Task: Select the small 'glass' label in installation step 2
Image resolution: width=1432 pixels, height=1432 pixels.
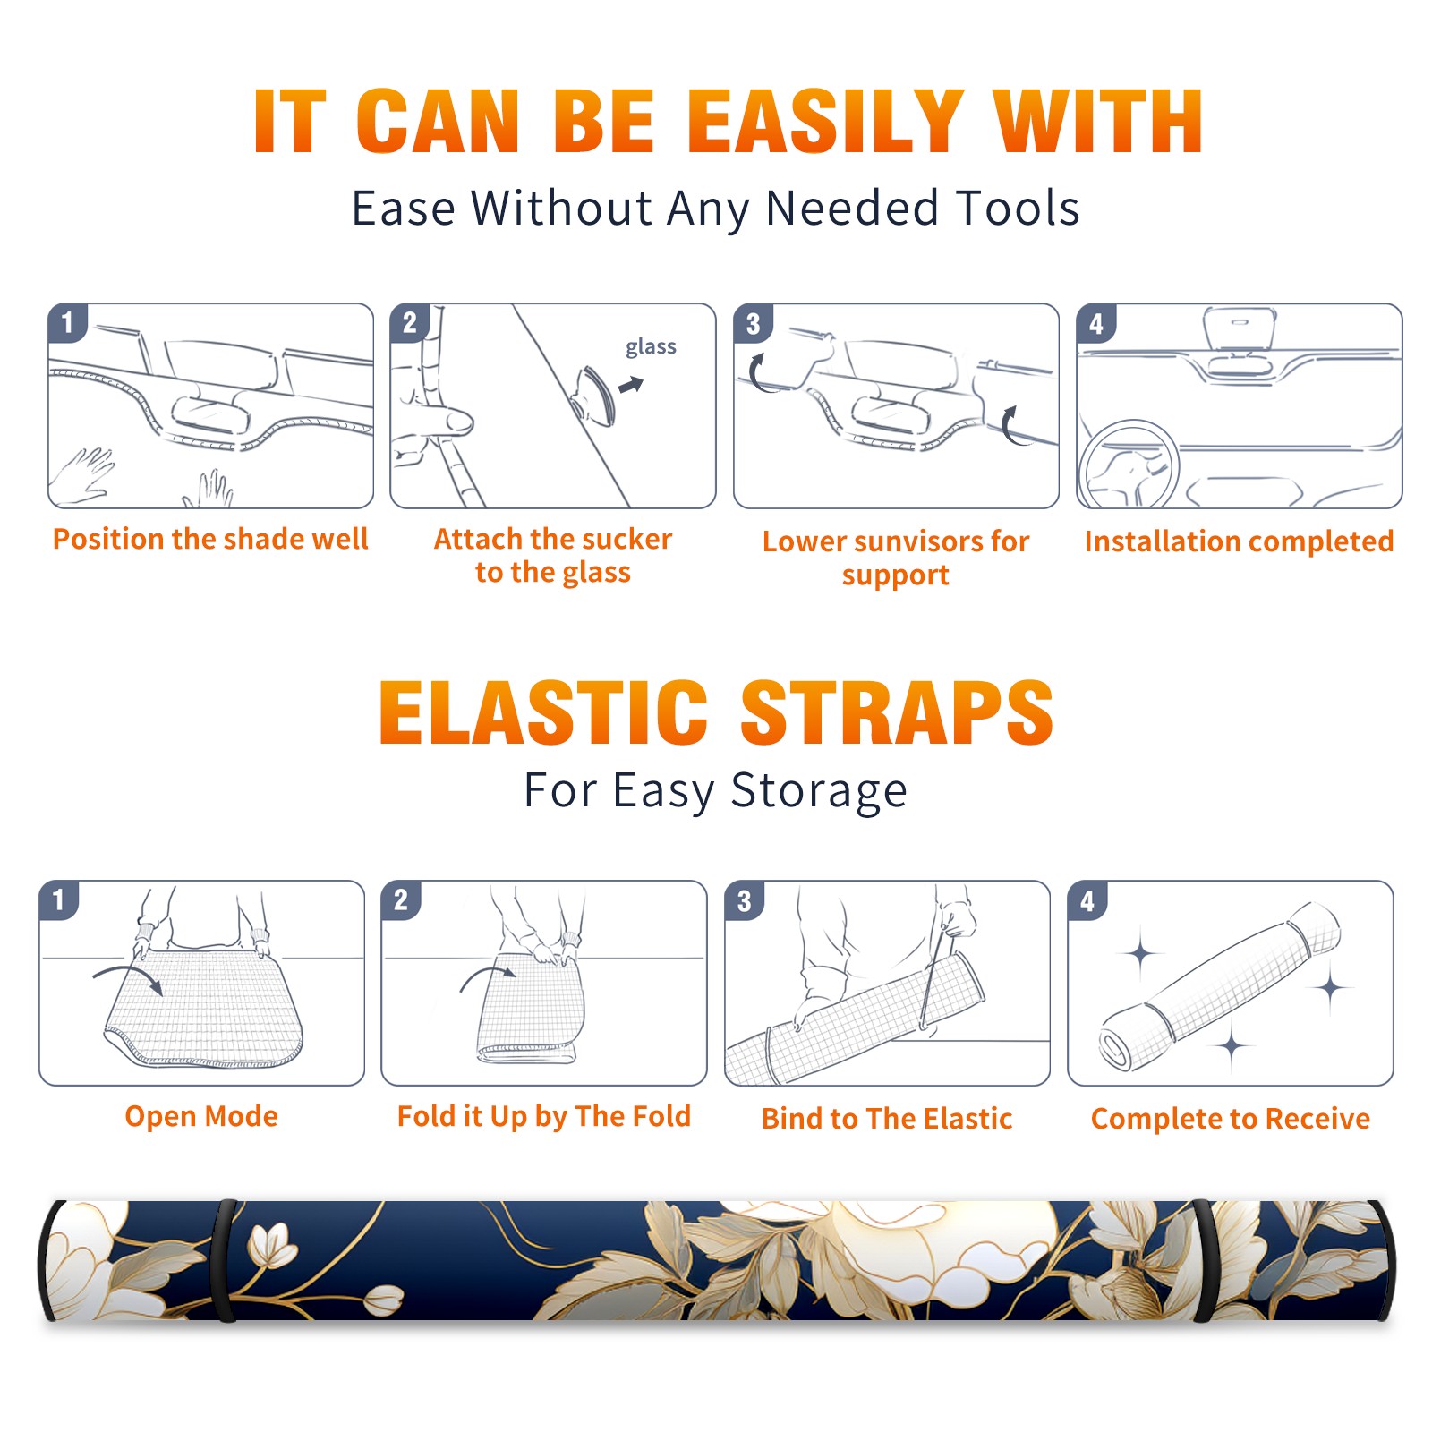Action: pos(651,346)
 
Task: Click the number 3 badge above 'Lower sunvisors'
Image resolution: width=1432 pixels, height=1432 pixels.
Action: pos(753,323)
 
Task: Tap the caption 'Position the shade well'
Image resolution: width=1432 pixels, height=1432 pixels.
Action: pos(210,539)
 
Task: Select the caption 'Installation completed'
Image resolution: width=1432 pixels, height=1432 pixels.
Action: pos(1239,541)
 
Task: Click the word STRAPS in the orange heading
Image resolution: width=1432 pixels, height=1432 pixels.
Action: pos(897,712)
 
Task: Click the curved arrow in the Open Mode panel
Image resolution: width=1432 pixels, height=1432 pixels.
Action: pos(128,977)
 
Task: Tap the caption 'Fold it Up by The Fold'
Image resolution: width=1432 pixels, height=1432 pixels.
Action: pos(544,1116)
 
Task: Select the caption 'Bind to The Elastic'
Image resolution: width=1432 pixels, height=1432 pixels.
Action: pos(887,1119)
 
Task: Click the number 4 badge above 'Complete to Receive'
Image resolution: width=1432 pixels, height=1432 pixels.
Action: pos(1087,900)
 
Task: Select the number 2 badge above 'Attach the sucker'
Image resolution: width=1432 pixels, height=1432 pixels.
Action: pos(410,323)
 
